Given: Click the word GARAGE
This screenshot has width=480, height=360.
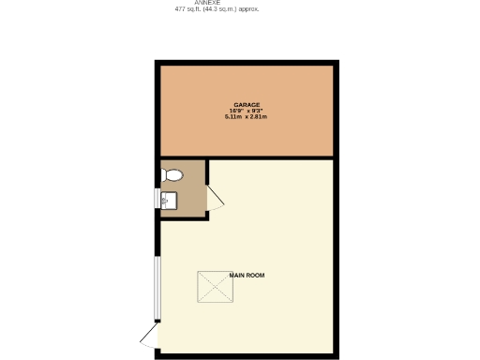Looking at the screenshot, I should (x=247, y=105).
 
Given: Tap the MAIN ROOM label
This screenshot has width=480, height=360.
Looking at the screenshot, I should (x=247, y=276).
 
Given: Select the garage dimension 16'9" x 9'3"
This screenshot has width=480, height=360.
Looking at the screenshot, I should (x=247, y=111).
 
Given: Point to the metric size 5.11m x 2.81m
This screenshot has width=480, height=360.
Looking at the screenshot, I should (x=247, y=116).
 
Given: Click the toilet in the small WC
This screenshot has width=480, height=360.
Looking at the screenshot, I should (x=172, y=175).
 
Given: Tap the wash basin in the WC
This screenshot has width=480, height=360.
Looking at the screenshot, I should (x=169, y=201).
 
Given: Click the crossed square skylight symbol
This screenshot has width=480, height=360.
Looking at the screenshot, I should (x=215, y=287).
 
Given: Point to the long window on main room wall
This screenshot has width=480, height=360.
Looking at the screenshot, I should (x=157, y=288).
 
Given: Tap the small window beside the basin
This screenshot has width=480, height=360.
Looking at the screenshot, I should (x=157, y=199).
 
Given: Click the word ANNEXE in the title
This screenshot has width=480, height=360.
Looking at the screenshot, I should (x=207, y=3).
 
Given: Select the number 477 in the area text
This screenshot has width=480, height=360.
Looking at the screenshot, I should (x=180, y=9).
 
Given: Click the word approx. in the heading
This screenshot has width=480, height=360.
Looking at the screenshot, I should (x=247, y=9).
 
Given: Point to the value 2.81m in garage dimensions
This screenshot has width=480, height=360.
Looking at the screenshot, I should (x=258, y=116).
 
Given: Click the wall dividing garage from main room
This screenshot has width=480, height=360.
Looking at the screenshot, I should (x=272, y=157).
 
